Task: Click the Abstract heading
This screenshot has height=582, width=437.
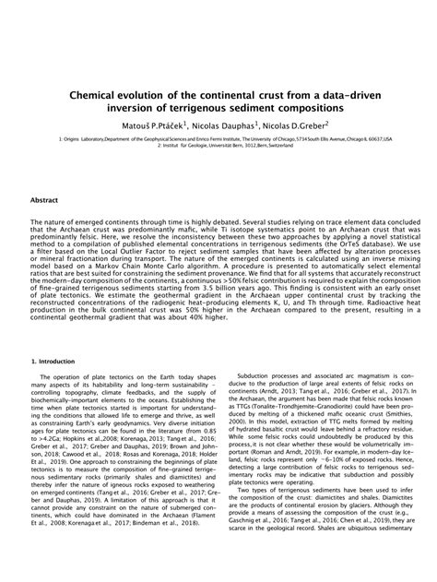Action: point(46,198)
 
